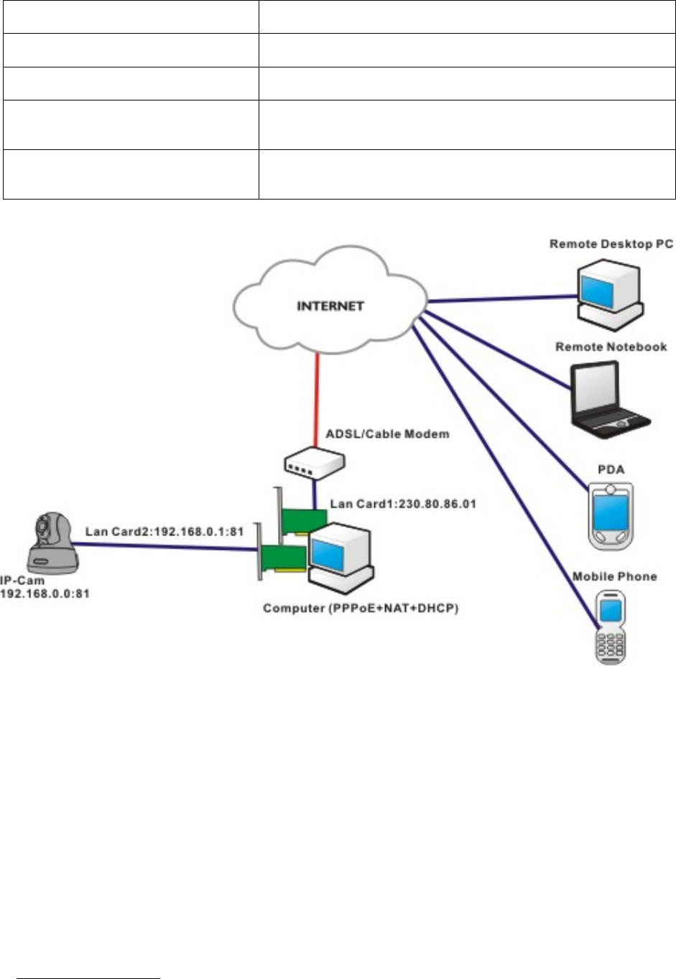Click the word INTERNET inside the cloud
tap(330, 306)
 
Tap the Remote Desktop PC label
tap(611, 244)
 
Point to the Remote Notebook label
tap(611, 347)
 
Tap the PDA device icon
tap(610, 515)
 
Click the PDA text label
tap(611, 470)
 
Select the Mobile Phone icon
tap(609, 626)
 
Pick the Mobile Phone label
tap(614, 576)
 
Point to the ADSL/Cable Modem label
tap(387, 434)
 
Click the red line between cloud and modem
tap(315, 402)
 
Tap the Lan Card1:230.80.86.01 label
tap(403, 504)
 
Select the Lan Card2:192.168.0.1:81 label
tap(165, 532)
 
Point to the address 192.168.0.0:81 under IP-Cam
tap(45, 594)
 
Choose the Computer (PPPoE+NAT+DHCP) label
tap(360, 609)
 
